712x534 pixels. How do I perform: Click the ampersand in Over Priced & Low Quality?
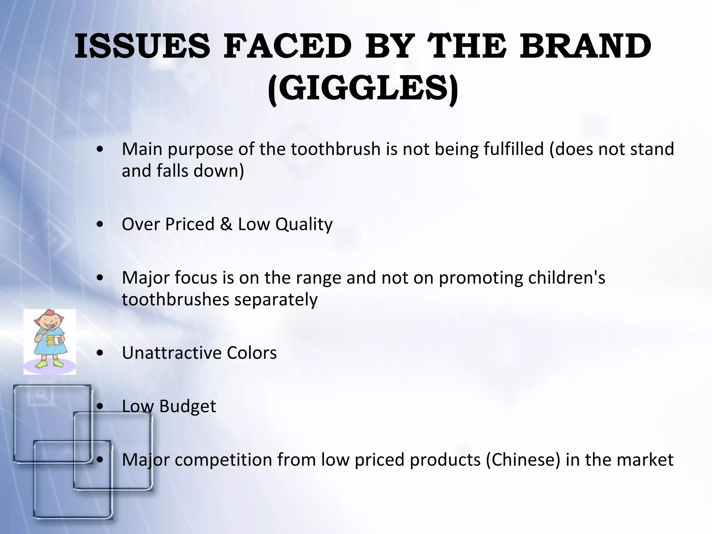coord(226,224)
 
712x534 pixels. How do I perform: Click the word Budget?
coord(188,406)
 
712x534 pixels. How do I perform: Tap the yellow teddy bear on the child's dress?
coord(51,340)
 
